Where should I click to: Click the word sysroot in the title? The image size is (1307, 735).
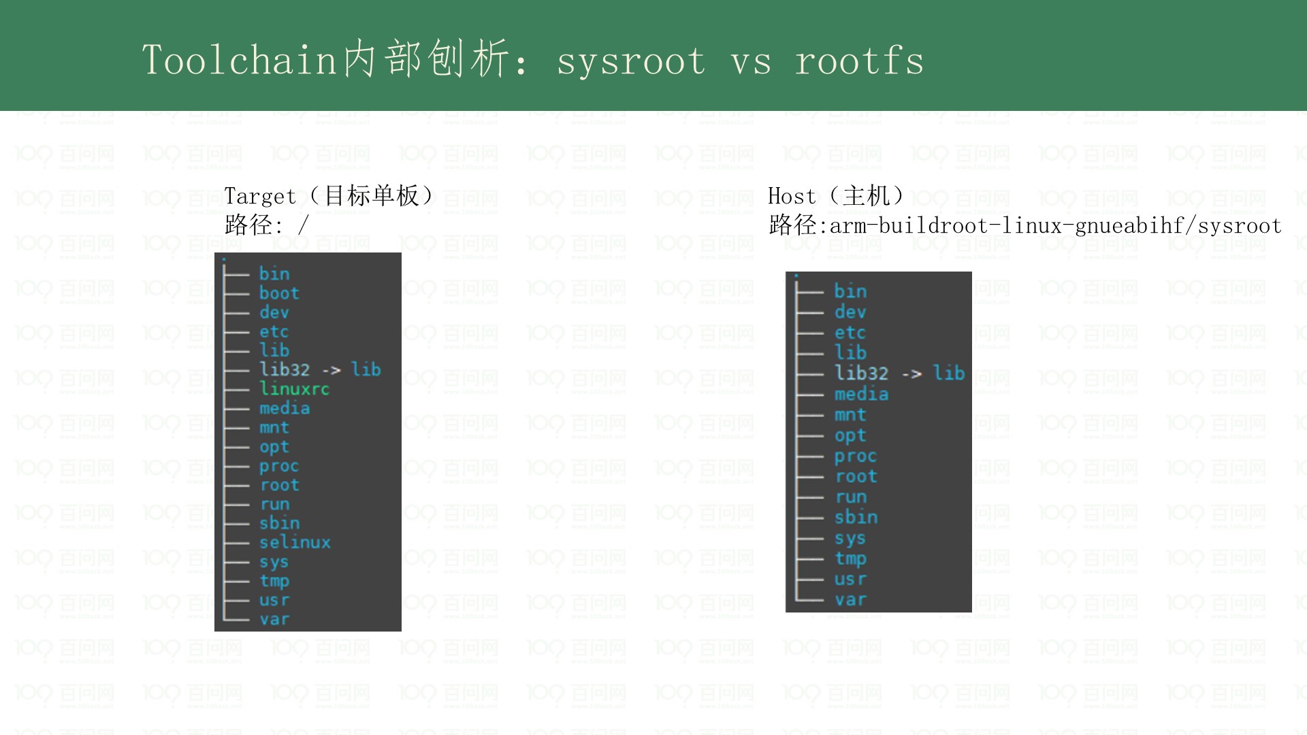tap(631, 61)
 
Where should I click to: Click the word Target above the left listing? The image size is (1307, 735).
tap(260, 197)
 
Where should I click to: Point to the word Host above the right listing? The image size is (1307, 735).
tap(792, 197)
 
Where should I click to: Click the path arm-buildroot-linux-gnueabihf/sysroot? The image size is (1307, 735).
tap(1055, 226)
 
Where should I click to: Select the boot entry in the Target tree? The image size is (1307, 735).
tap(279, 293)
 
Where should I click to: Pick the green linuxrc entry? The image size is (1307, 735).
tap(294, 389)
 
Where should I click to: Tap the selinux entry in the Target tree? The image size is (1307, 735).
tap(295, 542)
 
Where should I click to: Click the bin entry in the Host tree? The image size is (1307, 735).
tap(850, 291)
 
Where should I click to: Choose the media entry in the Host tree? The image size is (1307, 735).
tap(861, 394)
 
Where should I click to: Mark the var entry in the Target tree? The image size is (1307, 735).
tap(274, 619)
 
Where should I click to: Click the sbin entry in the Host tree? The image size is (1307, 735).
tap(856, 517)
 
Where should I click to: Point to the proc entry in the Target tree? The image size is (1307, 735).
tap(279, 466)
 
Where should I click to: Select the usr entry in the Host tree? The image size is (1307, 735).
tap(850, 579)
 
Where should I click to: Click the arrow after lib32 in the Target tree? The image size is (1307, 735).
tap(331, 370)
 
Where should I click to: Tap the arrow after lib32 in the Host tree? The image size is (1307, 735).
tap(911, 374)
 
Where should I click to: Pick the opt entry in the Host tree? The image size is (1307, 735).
tap(850, 436)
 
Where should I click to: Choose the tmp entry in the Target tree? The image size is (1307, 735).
tap(274, 581)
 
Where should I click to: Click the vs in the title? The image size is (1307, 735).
tap(751, 61)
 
